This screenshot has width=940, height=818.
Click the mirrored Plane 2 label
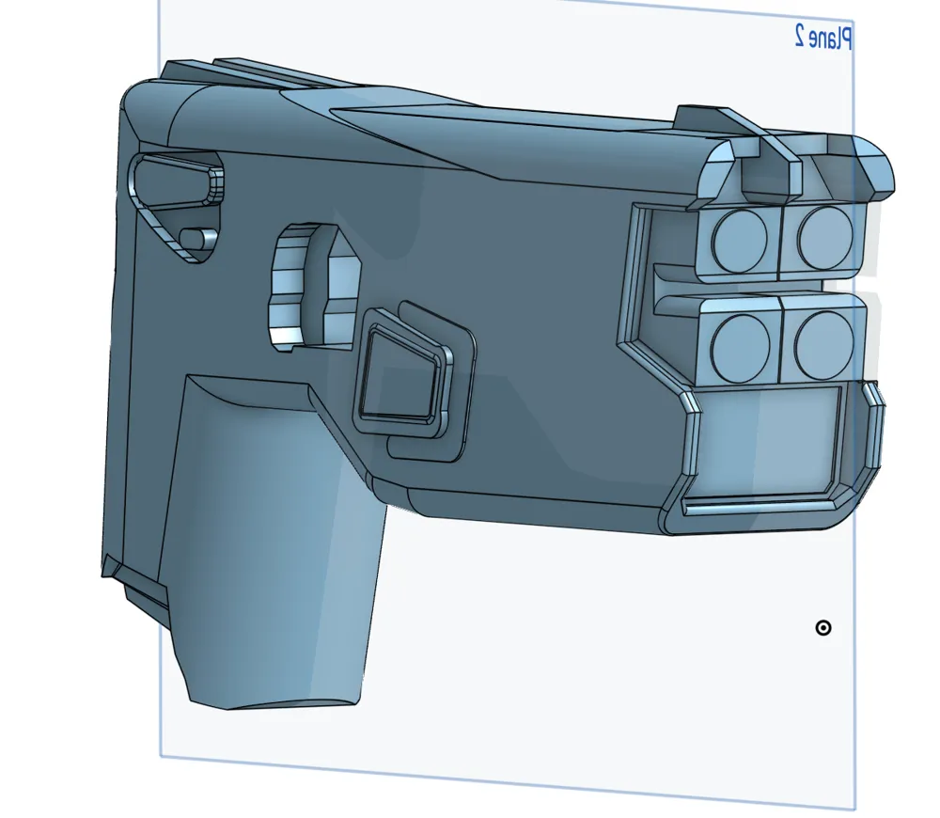pyautogui.click(x=823, y=37)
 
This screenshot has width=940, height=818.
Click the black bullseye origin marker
pyautogui.click(x=823, y=628)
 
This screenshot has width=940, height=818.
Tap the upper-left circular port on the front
pyautogui.click(x=739, y=238)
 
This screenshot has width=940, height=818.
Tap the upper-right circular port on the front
pyautogui.click(x=825, y=237)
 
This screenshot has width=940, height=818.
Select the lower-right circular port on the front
pyautogui.click(x=824, y=338)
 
